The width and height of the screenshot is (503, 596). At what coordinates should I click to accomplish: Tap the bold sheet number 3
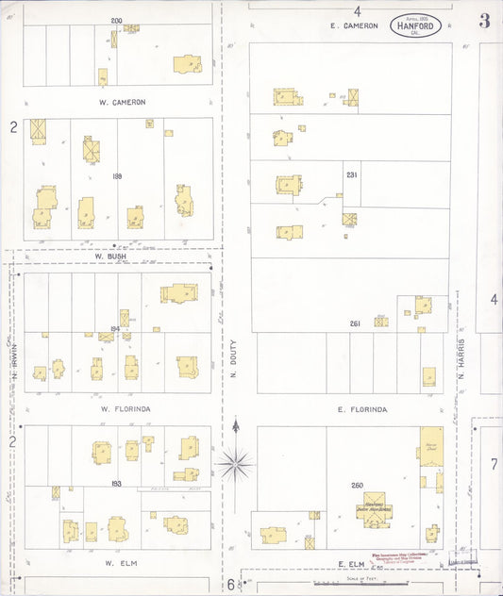484,21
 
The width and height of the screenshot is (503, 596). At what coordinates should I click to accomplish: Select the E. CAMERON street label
355,25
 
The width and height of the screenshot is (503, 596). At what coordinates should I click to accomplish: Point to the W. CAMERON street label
122,102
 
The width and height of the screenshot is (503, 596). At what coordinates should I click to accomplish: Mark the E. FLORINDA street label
362,409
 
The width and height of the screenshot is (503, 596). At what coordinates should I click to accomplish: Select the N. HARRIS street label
462,359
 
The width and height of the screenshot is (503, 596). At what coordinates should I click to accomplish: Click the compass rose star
236,462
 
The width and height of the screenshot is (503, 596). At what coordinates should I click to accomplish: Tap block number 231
352,175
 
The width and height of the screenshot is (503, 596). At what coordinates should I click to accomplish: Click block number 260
358,486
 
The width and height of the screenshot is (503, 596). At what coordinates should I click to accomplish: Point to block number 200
116,21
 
